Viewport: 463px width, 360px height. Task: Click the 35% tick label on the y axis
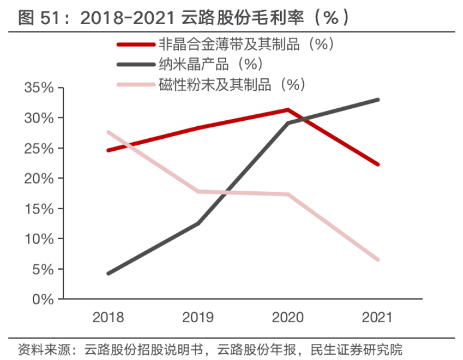[39, 88]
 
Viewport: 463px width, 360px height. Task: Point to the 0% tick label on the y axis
[42, 300]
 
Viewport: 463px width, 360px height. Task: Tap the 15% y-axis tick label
[39, 209]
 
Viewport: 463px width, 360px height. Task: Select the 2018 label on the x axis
[108, 318]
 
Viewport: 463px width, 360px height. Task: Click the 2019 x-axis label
[198, 318]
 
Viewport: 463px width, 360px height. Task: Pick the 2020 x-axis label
[288, 318]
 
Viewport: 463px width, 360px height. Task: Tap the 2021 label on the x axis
[377, 318]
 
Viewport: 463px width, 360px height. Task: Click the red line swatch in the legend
[135, 44]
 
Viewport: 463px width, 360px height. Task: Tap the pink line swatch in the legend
[135, 84]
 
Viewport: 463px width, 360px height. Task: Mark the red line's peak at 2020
[288, 109]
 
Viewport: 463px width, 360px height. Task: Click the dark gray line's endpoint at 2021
[377, 100]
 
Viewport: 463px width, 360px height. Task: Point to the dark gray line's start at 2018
[108, 273]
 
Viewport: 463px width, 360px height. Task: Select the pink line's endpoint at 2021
[377, 260]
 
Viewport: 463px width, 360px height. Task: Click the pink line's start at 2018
[108, 132]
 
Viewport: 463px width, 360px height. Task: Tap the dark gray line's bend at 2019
[198, 223]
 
